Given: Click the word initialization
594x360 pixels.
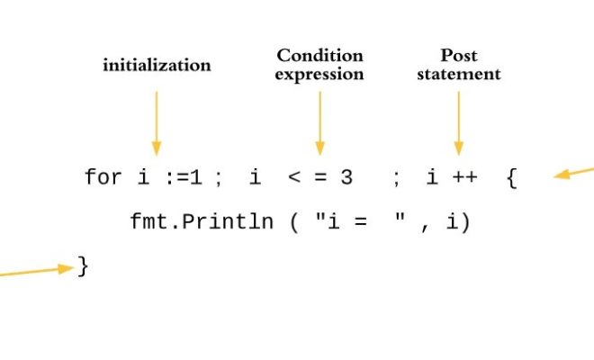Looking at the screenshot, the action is tap(157, 65).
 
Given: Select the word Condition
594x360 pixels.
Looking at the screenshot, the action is tap(319, 56).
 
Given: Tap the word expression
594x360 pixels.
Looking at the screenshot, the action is tap(319, 75).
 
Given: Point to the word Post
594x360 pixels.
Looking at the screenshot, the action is tap(458, 55).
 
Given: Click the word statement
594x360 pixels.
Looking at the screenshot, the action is tap(459, 74).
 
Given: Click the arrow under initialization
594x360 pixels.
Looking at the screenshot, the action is tap(157, 123).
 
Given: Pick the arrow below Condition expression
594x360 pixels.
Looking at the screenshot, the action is tap(320, 123).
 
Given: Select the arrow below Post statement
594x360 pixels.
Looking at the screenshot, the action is tap(459, 123).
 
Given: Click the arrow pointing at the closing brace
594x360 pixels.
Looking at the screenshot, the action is tap(37, 271).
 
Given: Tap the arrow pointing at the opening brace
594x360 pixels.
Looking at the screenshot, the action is tap(573, 172).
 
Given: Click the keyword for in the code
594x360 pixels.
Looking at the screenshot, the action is tap(103, 176).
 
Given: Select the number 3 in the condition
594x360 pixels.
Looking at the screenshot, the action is tap(346, 177).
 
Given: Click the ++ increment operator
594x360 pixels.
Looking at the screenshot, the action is tap(464, 177).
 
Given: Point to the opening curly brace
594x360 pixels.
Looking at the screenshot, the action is tap(512, 177).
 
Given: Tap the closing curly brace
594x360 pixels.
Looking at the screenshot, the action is tap(83, 266).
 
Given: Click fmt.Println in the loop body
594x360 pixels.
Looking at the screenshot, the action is tap(202, 221).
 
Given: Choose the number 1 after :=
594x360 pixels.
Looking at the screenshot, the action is tap(196, 177).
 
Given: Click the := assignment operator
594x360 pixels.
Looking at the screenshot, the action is tap(177, 177).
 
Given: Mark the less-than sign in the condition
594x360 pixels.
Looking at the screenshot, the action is tap(294, 177).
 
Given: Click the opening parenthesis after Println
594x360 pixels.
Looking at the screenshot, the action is tap(294, 222).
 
